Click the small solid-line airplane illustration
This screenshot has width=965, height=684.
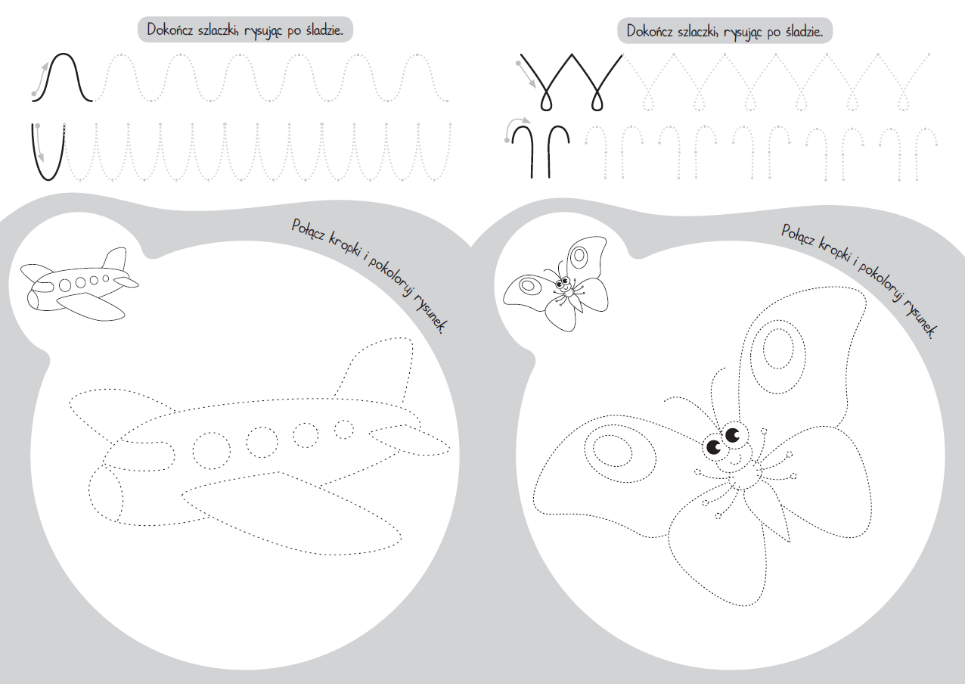(x=79, y=284)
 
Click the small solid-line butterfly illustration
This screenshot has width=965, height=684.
(x=557, y=284)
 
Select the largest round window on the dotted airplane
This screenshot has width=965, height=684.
(x=212, y=451)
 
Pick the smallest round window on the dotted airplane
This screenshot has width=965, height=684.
(x=344, y=429)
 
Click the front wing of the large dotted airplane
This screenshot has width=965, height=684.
(x=292, y=513)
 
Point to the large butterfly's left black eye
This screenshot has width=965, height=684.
(x=713, y=447)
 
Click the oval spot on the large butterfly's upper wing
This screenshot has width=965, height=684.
(x=778, y=349)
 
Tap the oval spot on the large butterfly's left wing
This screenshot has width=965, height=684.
(x=612, y=452)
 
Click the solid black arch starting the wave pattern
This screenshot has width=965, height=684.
(x=63, y=78)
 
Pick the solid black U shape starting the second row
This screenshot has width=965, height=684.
(x=48, y=152)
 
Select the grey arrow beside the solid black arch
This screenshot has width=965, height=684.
(x=39, y=79)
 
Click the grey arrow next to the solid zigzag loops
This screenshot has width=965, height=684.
(x=526, y=75)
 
